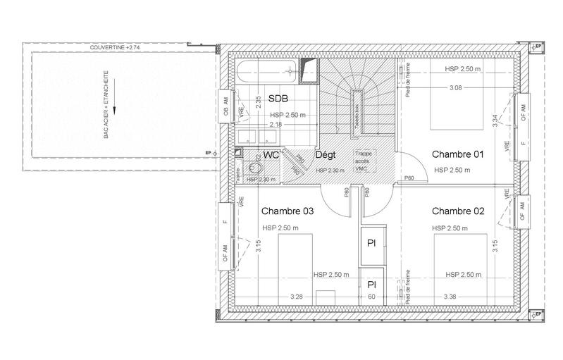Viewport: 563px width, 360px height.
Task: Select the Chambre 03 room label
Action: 287,211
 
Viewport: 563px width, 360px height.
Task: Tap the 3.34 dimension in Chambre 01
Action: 495,120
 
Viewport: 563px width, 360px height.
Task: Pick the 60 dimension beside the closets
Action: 371,297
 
